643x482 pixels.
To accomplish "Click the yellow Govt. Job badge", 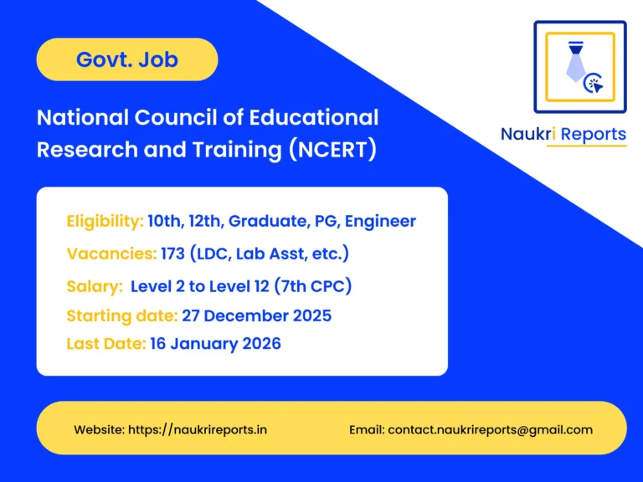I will point(127,59).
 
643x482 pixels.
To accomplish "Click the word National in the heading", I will point(76,117).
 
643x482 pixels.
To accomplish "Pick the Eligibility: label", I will point(105,222).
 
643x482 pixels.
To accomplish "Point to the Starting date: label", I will point(121,315).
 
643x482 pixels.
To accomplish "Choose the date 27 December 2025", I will point(256,315).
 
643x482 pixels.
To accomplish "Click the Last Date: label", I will point(105,343).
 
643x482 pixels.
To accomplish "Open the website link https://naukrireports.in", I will point(198,429).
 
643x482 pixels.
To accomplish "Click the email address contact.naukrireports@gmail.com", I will point(490,429).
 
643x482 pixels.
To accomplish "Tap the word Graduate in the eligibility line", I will point(266,222).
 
